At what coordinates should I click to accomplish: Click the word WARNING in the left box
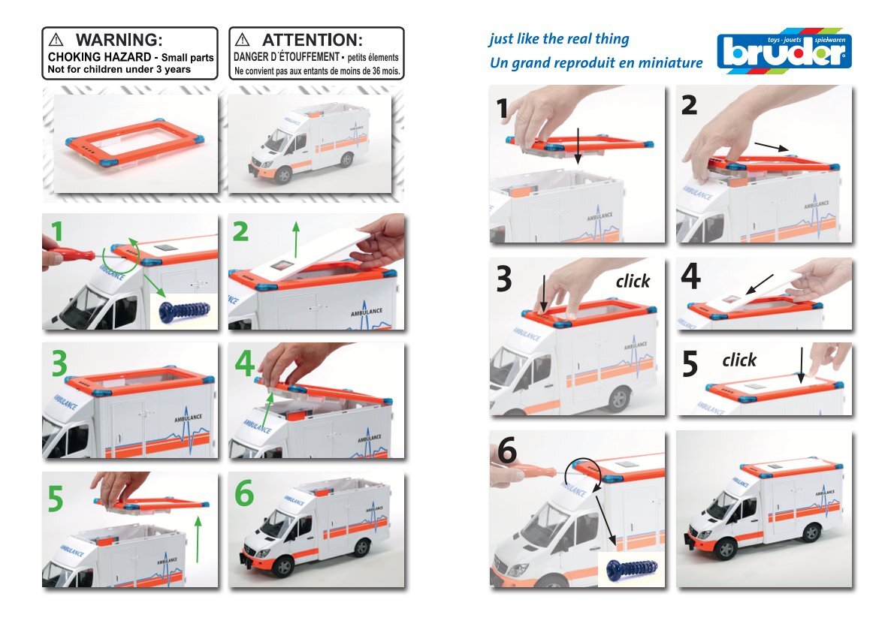pyautogui.click(x=119, y=40)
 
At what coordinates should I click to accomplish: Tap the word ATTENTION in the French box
pyautogui.click(x=312, y=40)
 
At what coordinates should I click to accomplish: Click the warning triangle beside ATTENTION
pyautogui.click(x=243, y=40)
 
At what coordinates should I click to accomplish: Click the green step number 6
pyautogui.click(x=246, y=493)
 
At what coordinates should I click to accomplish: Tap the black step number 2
pyautogui.click(x=690, y=106)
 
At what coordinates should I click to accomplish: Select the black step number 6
pyautogui.click(x=507, y=452)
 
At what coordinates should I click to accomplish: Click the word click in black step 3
pyautogui.click(x=633, y=281)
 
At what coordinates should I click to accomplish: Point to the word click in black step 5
pyautogui.click(x=739, y=360)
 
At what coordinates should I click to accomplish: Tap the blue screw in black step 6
pyautogui.click(x=631, y=568)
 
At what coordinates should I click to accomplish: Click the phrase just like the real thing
pyautogui.click(x=559, y=39)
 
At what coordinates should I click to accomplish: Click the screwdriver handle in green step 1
pyautogui.click(x=68, y=249)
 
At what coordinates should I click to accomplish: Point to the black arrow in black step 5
pyautogui.click(x=802, y=363)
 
